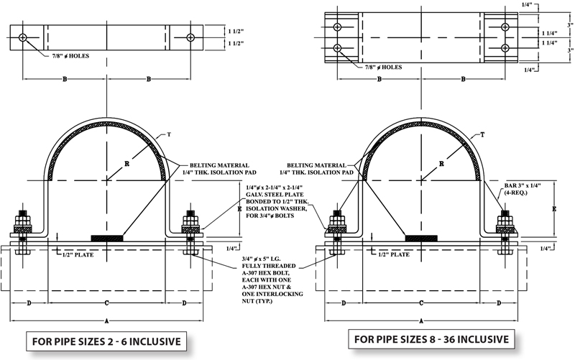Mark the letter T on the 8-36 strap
coord(483,134)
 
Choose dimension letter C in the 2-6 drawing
coord(106,303)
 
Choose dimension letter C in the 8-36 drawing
coord(420,303)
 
